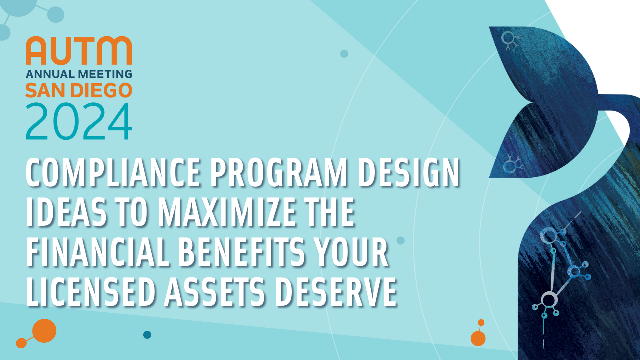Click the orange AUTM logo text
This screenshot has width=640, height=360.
(79, 50)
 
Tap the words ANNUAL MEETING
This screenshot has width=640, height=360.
(79, 74)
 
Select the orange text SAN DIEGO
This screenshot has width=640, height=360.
(79, 90)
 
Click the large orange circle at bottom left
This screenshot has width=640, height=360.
(44, 331)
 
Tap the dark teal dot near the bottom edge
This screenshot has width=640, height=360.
(147, 335)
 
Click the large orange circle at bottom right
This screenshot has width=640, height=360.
(478, 338)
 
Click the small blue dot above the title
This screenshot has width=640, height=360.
(344, 53)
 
